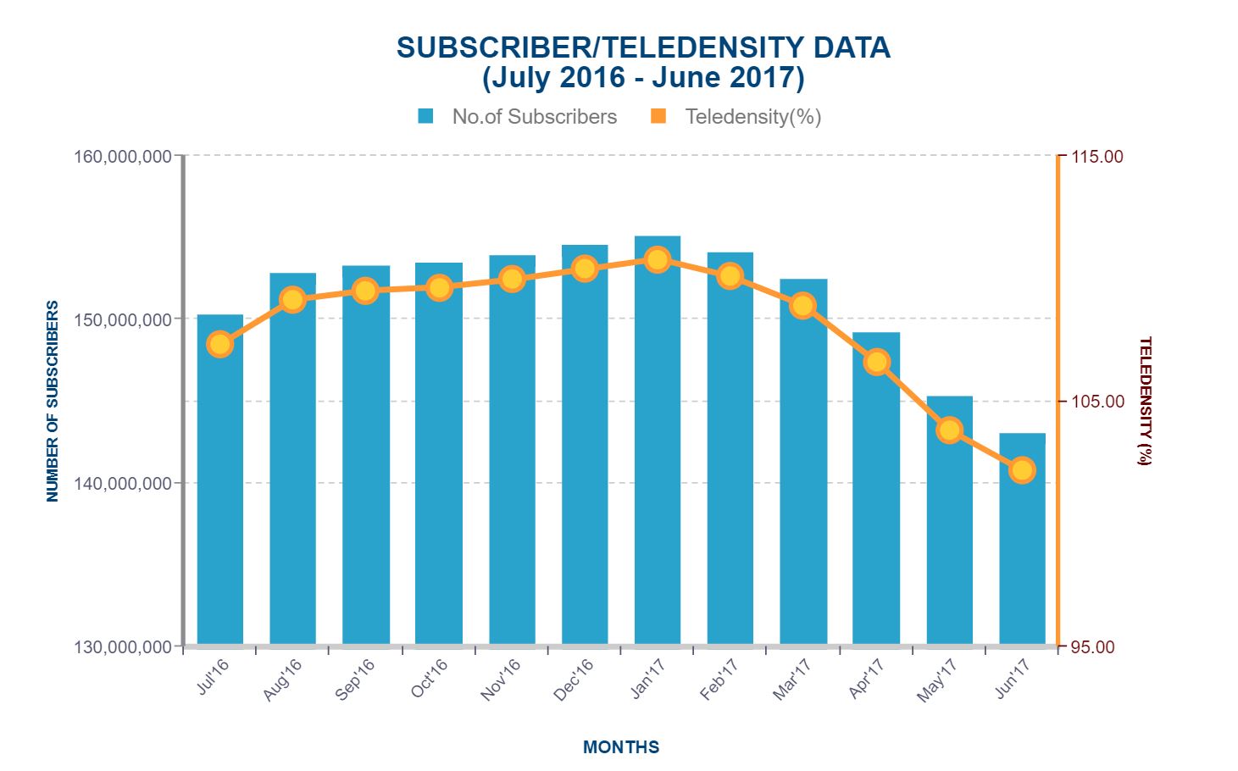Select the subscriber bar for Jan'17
point(657,458)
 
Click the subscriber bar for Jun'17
point(1022,559)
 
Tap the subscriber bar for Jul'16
point(219,491)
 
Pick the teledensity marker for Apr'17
point(876,362)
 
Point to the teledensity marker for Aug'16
point(292,300)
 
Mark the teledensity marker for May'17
point(949,430)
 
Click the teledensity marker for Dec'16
point(584,269)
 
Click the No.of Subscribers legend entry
point(518,117)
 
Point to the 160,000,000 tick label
point(123,157)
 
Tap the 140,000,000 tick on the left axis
point(123,484)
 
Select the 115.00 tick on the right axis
point(1097,157)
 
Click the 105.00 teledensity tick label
point(1097,402)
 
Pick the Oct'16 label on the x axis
point(430,679)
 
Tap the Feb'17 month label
point(719,679)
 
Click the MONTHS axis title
point(621,747)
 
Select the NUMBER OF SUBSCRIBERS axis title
point(53,401)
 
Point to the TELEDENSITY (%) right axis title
point(1145,401)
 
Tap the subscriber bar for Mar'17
point(803,474)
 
